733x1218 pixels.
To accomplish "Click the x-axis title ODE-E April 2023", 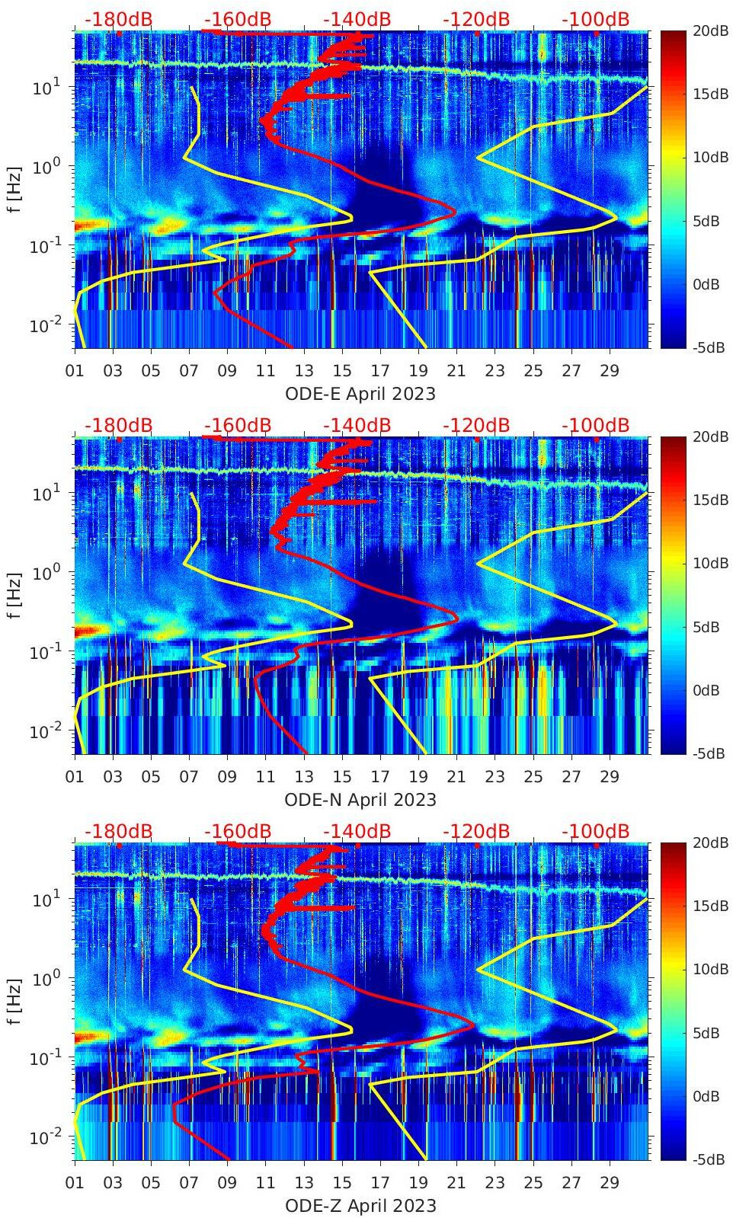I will (x=360, y=394).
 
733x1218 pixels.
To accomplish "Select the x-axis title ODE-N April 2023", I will (x=360, y=800).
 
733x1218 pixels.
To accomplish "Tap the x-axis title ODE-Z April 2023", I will (x=360, y=1206).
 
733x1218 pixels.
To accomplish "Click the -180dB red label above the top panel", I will (x=118, y=19).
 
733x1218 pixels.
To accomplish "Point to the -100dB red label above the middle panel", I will (x=595, y=425).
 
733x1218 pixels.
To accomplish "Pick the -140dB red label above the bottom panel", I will (x=357, y=831).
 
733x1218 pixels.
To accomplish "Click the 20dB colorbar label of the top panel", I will (x=707, y=30).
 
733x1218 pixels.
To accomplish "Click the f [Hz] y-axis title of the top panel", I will (x=15, y=189).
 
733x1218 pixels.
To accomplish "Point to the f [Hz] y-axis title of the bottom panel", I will (x=15, y=1001).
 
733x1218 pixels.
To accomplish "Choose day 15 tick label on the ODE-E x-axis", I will (x=342, y=372).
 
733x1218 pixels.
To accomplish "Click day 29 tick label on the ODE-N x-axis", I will (x=610, y=778).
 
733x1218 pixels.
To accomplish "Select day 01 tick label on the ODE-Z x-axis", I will (x=75, y=1184).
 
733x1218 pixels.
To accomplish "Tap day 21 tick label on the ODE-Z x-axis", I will (x=456, y=1184).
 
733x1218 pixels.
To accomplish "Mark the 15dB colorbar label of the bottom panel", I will (x=707, y=906).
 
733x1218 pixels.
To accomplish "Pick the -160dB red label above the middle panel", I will (x=238, y=425).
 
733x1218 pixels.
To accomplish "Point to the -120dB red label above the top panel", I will (x=476, y=19).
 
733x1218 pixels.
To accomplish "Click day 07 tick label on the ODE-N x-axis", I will (x=189, y=778).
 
